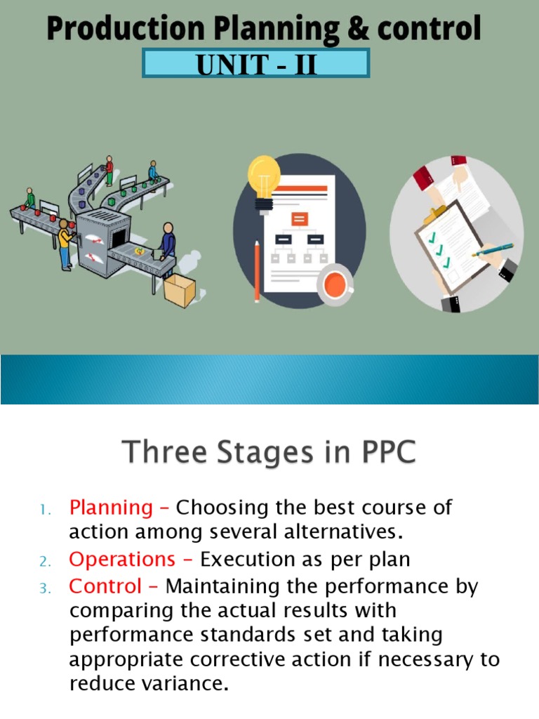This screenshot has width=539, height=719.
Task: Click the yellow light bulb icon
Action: [264, 177]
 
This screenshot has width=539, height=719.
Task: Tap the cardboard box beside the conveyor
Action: [179, 289]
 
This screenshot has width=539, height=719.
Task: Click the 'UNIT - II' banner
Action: [256, 64]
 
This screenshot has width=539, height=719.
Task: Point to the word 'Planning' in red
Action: [111, 507]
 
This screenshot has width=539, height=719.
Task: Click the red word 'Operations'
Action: [122, 560]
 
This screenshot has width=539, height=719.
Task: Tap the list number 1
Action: [44, 509]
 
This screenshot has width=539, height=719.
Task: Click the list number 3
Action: [44, 588]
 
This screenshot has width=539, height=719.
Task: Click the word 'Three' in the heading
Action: [161, 453]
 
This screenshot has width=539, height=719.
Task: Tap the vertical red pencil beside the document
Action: [257, 271]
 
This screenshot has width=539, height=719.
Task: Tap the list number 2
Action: [44, 562]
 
